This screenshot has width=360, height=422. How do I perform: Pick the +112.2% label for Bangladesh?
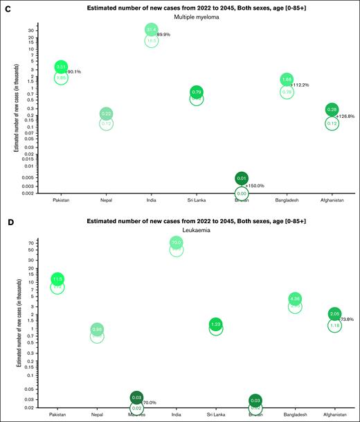tap(300, 85)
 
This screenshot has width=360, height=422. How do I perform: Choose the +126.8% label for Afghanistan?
tap(345, 116)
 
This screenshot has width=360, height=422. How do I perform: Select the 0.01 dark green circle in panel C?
tap(242, 179)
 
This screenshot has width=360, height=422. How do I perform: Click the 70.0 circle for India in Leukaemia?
tap(177, 243)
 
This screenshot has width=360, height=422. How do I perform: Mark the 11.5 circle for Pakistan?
tap(57, 279)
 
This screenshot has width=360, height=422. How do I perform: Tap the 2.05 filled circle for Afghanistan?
tap(334, 314)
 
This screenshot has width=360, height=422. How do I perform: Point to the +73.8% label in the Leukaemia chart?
tap(347, 319)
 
